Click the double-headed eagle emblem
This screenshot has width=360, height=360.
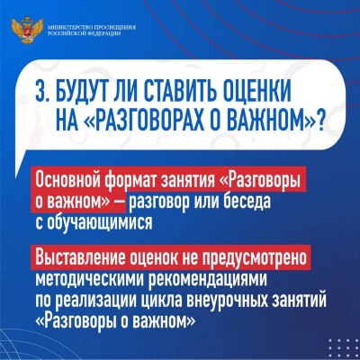click(x=27, y=31)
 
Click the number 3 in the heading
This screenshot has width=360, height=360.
click(x=40, y=91)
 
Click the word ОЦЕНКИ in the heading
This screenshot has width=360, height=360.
click(x=257, y=91)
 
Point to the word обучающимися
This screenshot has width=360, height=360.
click(x=98, y=223)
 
